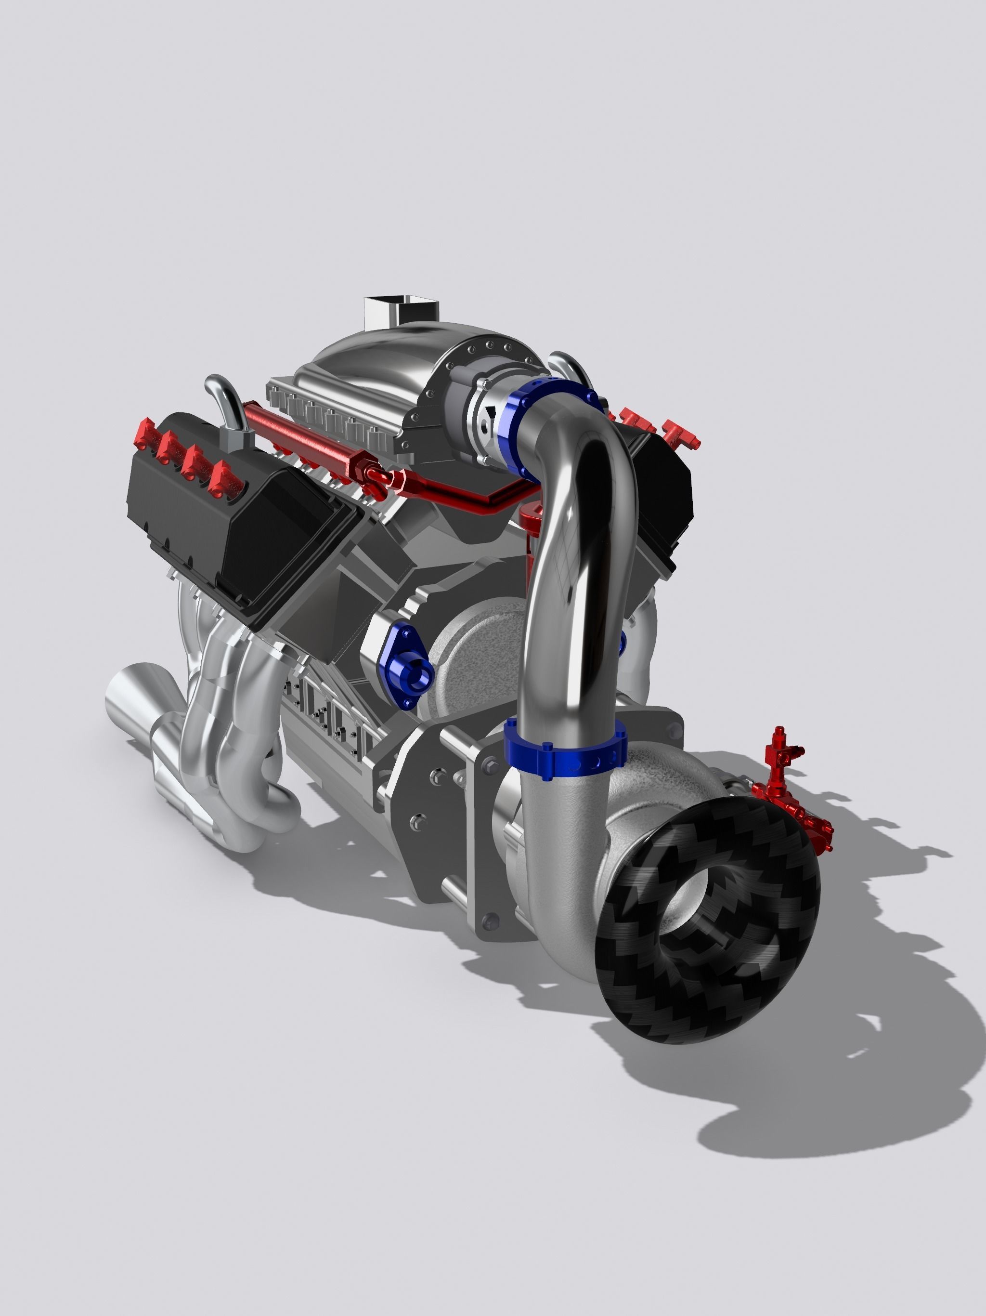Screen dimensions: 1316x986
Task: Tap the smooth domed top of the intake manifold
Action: [381, 357]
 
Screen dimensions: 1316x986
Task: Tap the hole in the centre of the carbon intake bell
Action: [702, 910]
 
